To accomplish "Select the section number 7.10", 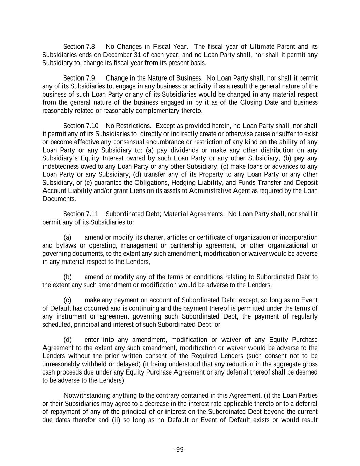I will pos(92,126).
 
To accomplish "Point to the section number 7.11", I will pos(92,214).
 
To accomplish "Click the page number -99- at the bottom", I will pos(180,450).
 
